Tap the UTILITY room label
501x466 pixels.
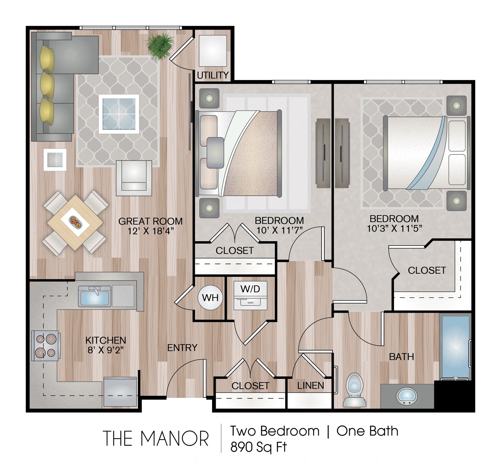tap(212, 75)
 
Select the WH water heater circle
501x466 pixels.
tap(210, 298)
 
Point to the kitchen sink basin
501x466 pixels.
tap(94, 297)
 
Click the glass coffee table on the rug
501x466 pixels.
tap(119, 114)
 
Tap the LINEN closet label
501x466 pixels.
tap(310, 385)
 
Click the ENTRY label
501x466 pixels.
tap(182, 348)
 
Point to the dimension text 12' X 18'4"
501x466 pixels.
tap(150, 231)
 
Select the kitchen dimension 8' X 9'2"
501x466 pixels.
tap(106, 350)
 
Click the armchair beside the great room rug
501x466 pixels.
tap(134, 178)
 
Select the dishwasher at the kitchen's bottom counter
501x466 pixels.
tap(120, 391)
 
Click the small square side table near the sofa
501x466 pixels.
tap(55, 160)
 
